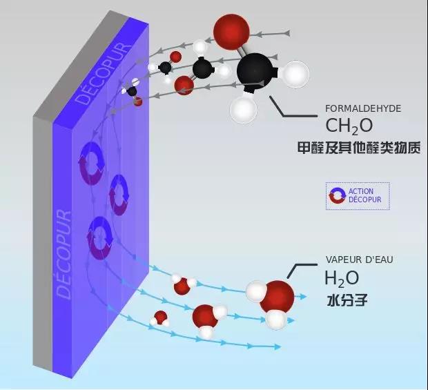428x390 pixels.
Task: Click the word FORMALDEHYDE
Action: tap(362, 108)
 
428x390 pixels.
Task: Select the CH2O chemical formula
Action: tap(349, 126)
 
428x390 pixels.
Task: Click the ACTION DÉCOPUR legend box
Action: tap(358, 196)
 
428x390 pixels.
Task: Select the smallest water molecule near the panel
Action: tap(160, 318)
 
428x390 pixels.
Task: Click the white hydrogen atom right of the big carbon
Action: tap(295, 73)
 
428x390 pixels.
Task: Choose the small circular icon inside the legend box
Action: tap(338, 196)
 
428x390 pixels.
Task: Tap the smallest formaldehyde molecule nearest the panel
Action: tap(133, 92)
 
